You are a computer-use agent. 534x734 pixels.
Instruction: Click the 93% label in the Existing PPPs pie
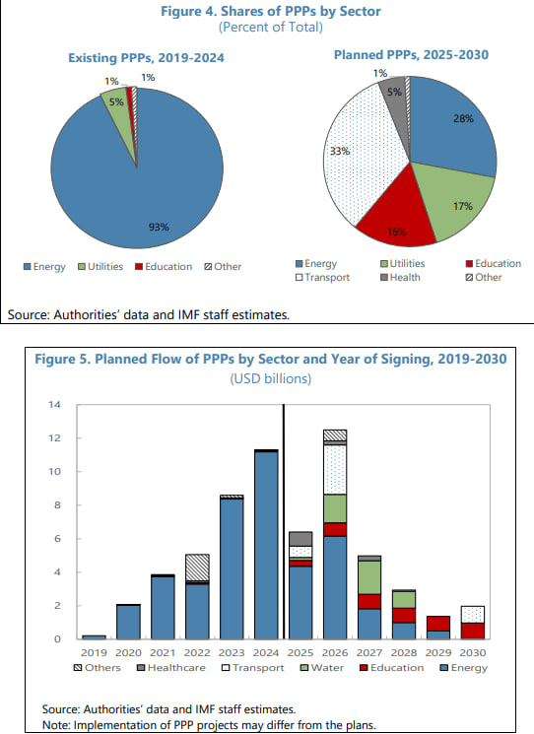click(x=159, y=227)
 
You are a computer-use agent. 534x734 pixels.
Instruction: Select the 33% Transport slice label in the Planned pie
click(x=340, y=151)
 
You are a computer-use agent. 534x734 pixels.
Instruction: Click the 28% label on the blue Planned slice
click(x=463, y=118)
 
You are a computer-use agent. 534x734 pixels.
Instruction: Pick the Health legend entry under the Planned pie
click(x=400, y=277)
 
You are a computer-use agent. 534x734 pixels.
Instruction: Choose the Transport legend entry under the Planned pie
click(x=322, y=277)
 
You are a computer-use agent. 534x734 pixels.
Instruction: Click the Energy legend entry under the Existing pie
click(x=44, y=267)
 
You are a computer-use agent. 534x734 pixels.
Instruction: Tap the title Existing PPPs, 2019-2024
click(x=146, y=58)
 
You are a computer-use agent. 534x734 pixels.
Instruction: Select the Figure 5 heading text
click(x=271, y=359)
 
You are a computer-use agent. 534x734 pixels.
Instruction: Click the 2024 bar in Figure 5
click(x=266, y=545)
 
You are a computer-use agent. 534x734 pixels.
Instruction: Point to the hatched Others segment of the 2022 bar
click(x=197, y=567)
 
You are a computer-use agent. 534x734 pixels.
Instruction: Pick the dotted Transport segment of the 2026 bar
click(x=335, y=470)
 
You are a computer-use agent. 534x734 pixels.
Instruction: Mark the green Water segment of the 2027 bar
click(x=369, y=577)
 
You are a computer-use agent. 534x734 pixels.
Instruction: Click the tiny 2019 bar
click(x=94, y=637)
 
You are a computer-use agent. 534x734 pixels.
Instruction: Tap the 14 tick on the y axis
click(x=54, y=405)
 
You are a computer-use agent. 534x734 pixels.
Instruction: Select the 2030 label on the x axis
click(x=473, y=652)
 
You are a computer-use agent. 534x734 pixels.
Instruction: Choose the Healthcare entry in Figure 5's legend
click(x=170, y=668)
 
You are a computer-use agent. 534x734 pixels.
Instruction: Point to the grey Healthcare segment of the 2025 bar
click(x=300, y=539)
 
